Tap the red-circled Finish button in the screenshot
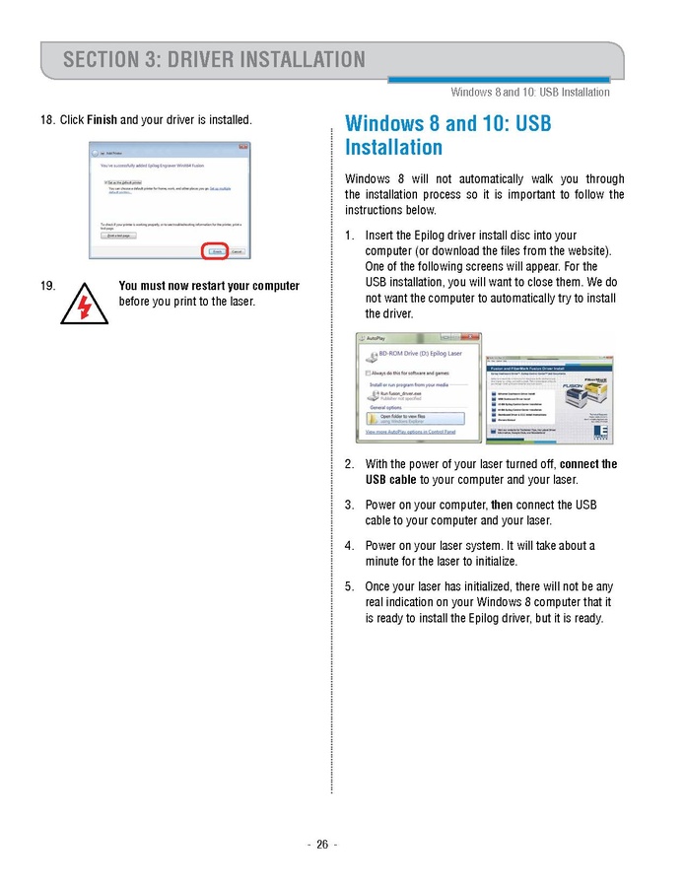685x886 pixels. (216, 252)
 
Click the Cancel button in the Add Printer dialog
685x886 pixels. (238, 252)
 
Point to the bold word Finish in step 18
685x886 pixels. (103, 120)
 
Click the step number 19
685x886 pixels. (47, 286)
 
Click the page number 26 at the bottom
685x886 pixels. (321, 845)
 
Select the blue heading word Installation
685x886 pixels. (393, 148)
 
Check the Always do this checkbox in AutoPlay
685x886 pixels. (369, 374)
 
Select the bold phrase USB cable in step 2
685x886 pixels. (390, 480)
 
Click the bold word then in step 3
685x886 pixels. (503, 505)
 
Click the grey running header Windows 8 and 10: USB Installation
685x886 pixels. (529, 93)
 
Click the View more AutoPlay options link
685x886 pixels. (410, 432)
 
